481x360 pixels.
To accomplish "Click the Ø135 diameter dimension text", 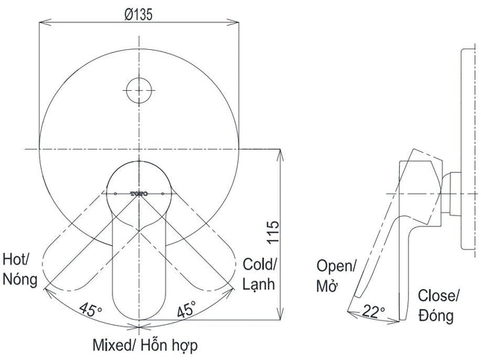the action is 139,14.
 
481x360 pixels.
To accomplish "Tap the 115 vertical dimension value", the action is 273,232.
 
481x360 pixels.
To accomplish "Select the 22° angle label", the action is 374,312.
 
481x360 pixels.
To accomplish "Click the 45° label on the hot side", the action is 90,309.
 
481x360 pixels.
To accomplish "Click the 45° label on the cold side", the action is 186,309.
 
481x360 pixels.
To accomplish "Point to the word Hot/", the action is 16,259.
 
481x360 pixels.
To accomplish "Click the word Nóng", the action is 20,280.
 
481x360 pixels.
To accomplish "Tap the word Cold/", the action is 260,265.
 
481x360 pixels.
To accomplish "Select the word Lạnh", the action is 259,284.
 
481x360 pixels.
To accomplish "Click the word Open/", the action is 336,266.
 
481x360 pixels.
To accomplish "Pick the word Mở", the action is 327,285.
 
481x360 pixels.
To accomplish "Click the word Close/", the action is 438,296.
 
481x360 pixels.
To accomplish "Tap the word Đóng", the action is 436,315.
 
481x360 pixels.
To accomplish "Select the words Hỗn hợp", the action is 169,346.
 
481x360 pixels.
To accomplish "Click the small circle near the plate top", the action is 139,90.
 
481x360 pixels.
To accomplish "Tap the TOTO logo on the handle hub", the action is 139,194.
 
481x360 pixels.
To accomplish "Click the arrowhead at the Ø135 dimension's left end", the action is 45,22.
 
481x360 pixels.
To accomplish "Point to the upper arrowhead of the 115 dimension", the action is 280,156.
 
